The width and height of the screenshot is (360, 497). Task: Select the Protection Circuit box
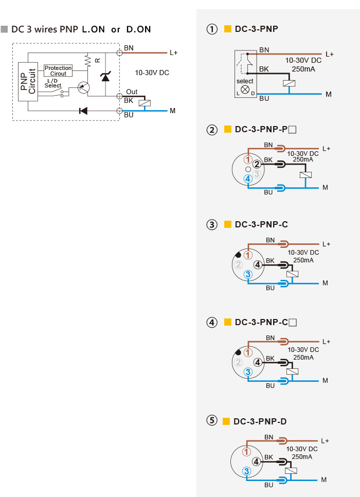click(58, 70)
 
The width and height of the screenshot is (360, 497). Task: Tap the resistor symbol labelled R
click(88, 61)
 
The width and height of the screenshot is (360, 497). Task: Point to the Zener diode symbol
click(105, 77)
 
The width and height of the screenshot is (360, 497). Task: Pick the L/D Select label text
click(52, 83)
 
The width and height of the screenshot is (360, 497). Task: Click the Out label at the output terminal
click(132, 92)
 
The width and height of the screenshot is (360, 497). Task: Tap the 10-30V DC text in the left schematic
click(152, 73)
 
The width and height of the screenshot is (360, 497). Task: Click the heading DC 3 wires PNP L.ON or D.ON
click(81, 29)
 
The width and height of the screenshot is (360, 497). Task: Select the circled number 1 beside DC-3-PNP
click(212, 29)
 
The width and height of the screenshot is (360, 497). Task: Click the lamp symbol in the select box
click(245, 90)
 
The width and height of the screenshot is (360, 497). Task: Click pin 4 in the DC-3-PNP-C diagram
click(258, 264)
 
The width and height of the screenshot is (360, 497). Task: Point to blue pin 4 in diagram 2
click(248, 179)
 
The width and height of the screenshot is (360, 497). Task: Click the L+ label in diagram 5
click(325, 440)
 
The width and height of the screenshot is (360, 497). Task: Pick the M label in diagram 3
click(325, 283)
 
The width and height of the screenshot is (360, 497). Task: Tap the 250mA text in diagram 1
click(304, 68)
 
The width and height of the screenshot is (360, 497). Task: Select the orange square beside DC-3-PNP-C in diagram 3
click(228, 224)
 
